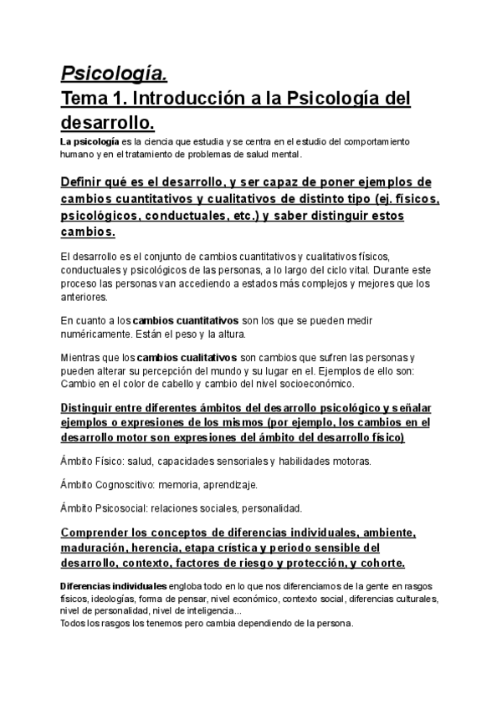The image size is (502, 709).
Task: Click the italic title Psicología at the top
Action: coord(114,74)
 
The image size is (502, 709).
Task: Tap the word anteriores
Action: coord(85,297)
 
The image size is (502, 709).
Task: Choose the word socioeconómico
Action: coord(315,385)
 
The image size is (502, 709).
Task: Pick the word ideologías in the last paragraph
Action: coord(112,599)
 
